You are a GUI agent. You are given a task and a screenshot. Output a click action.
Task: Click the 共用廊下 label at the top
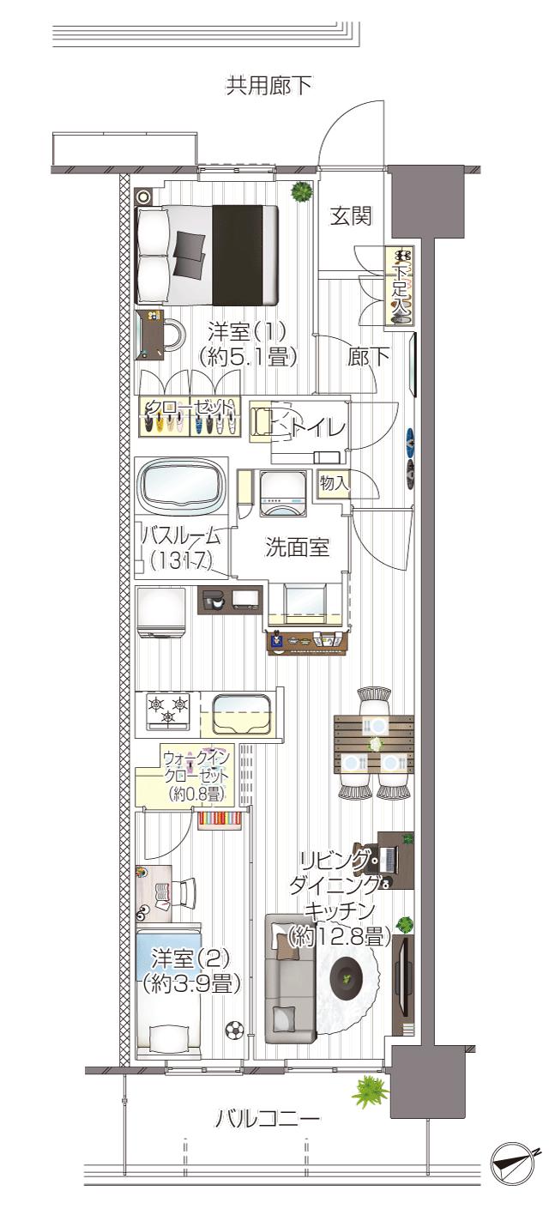click(268, 86)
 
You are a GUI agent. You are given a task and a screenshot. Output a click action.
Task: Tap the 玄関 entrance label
click(352, 216)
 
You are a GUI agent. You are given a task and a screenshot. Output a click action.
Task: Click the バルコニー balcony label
click(268, 1119)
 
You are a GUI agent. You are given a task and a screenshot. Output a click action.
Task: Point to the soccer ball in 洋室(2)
click(234, 1028)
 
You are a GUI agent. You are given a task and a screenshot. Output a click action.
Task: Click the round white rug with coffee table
click(347, 976)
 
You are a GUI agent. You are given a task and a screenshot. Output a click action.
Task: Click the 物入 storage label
click(335, 483)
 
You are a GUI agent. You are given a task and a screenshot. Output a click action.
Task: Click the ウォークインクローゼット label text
click(195, 775)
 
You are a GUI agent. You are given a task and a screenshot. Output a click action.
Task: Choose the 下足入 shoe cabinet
click(400, 286)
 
